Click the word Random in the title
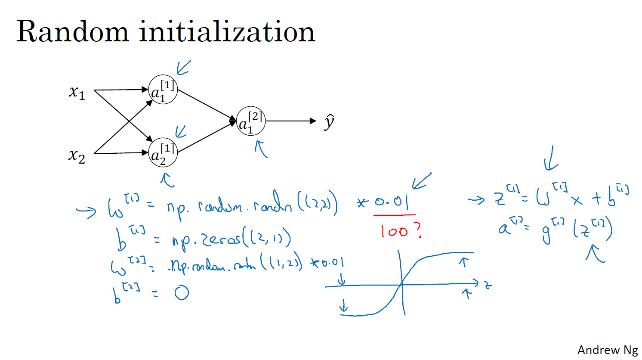coord(72,32)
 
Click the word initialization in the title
coord(227,32)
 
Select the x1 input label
coord(77,92)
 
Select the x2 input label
coord(77,155)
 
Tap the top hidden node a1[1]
coord(163,90)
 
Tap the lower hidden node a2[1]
coord(163,153)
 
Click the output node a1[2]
coord(251,121)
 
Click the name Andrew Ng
coord(607,350)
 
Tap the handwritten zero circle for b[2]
coord(182,293)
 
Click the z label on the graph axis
coord(488,285)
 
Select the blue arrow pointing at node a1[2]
coord(261,149)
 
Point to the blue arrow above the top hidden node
coord(183,67)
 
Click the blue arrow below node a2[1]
coord(167,180)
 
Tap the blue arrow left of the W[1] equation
coord(86,211)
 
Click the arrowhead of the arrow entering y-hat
coord(313,121)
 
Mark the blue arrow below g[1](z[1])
coord(595,253)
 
